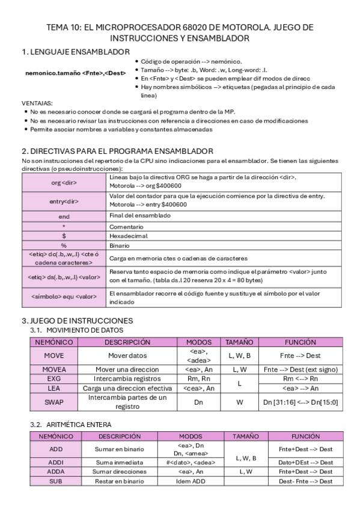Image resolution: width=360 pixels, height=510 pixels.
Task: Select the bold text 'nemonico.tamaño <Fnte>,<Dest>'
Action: [x=76, y=73]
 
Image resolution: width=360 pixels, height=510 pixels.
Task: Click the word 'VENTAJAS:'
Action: [x=37, y=103]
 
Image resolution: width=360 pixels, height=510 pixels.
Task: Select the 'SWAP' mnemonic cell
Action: [x=54, y=402]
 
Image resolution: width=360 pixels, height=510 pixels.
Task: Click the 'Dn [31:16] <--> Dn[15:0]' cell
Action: [x=301, y=402]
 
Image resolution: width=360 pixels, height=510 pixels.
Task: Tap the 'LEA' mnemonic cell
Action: [x=54, y=389]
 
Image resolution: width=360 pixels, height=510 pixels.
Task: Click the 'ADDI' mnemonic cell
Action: [x=55, y=462]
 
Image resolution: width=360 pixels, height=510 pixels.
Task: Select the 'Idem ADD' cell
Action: [x=191, y=482]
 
